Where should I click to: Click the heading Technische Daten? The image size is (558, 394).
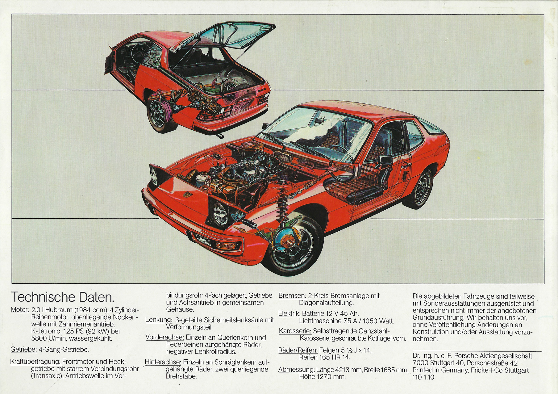pyautogui.click(x=63, y=297)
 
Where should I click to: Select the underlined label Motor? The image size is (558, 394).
pyautogui.click(x=20, y=310)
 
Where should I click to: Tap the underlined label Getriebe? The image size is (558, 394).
pyautogui.click(x=24, y=350)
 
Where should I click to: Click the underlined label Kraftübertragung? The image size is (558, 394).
pyautogui.click(x=35, y=362)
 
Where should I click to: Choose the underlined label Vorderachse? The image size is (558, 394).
pyautogui.click(x=165, y=337)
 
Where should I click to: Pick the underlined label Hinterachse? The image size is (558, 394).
pyautogui.click(x=163, y=362)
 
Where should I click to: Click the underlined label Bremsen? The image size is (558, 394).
pyautogui.click(x=292, y=295)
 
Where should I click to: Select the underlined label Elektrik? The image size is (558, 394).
pyautogui.click(x=289, y=314)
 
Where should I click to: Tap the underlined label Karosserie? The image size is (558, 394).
pyautogui.click(x=295, y=331)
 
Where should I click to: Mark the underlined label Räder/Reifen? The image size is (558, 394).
pyautogui.click(x=298, y=350)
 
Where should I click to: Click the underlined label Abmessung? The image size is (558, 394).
pyautogui.click(x=297, y=370)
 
